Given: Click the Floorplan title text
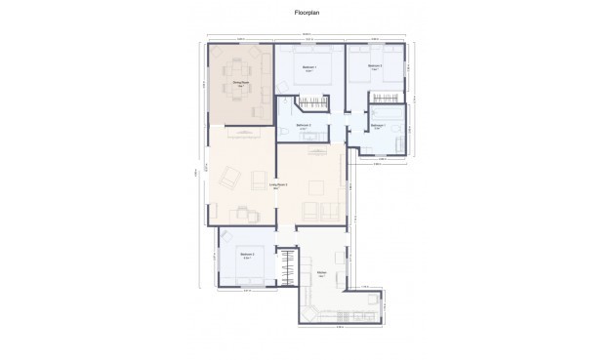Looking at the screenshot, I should point(307,14).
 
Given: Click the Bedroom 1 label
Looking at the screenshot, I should point(308,67).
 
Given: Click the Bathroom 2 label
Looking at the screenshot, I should point(304,125).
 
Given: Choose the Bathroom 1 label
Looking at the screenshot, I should point(378,126).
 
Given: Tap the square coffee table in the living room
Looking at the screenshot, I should point(316,187).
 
